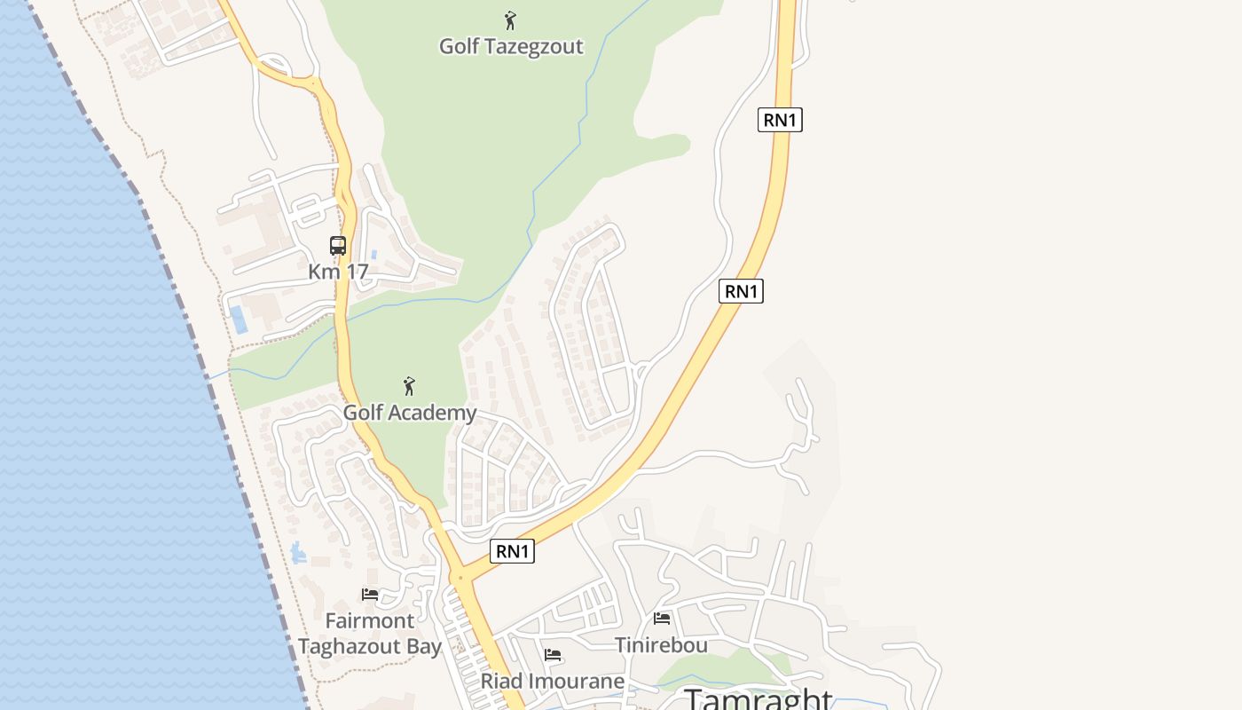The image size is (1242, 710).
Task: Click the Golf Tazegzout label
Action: [511, 46]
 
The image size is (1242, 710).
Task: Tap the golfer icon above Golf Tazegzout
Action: [510, 20]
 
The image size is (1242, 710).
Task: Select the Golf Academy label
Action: [410, 413]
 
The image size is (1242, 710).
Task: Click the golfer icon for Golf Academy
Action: [409, 386]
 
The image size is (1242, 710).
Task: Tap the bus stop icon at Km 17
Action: [338, 246]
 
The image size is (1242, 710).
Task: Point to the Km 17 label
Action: [338, 272]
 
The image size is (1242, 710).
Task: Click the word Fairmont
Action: [369, 620]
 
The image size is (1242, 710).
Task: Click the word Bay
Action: [423, 647]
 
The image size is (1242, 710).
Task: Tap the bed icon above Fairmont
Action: [370, 594]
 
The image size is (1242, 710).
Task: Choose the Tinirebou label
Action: [662, 645]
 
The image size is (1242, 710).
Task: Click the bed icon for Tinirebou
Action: [662, 618]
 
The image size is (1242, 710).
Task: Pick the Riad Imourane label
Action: [553, 682]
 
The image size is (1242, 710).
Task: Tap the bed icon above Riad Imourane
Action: [553, 656]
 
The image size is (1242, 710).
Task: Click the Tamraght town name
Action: [759, 698]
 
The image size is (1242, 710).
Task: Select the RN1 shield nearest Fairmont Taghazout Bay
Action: [513, 551]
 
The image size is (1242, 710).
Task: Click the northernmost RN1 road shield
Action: [780, 120]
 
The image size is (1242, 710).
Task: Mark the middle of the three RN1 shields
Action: [741, 291]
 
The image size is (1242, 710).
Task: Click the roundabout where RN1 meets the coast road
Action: [460, 578]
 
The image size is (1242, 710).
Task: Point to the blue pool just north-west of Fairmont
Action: [298, 553]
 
